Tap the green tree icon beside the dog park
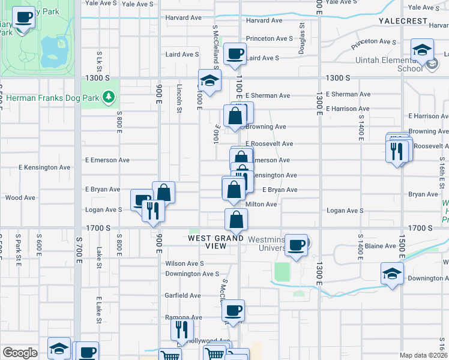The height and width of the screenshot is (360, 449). pyautogui.click(x=108, y=96)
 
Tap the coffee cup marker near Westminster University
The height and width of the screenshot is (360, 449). pyautogui.click(x=297, y=245)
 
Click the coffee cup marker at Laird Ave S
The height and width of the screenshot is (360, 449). pyautogui.click(x=235, y=54)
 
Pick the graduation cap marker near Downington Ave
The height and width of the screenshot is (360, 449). pyautogui.click(x=392, y=274)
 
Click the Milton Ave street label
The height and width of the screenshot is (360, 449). pyautogui.click(x=261, y=205)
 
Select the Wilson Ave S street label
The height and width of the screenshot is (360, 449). pyautogui.click(x=184, y=263)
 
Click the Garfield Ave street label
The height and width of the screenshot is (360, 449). pyautogui.click(x=183, y=295)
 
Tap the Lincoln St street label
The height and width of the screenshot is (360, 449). pyautogui.click(x=179, y=98)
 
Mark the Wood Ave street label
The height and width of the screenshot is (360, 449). pyautogui.click(x=20, y=197)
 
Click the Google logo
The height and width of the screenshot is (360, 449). pyautogui.click(x=20, y=353)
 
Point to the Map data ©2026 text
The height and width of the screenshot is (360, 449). pyautogui.click(x=424, y=355)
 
